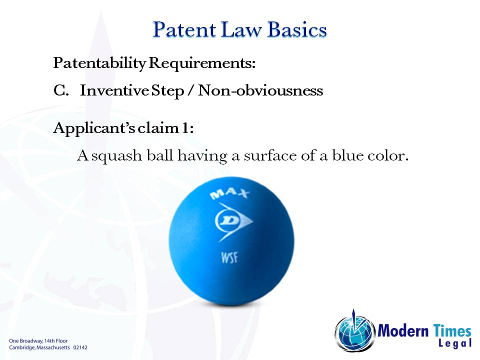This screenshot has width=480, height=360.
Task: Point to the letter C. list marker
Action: click(61, 91)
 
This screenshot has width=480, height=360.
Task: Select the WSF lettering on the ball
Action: click(229, 258)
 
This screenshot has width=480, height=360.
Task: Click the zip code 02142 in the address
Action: click(80, 346)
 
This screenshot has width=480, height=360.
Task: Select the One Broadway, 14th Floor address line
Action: click(38, 340)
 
